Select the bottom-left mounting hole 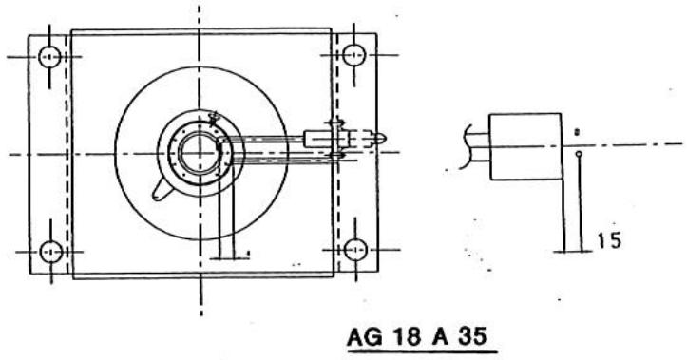51,252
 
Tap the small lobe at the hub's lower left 160,191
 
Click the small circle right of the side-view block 579,151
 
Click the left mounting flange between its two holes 50,154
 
